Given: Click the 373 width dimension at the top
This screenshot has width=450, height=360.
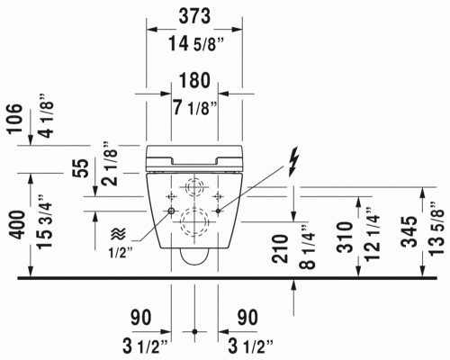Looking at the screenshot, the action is (x=194, y=16).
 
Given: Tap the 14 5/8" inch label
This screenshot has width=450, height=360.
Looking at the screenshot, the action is (x=196, y=44).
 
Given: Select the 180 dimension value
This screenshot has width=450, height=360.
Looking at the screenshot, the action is (x=194, y=80).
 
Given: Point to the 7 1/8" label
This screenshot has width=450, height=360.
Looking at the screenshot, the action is (x=195, y=107).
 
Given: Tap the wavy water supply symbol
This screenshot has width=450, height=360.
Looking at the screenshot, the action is (x=119, y=233).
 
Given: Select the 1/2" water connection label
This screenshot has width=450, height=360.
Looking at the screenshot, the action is (x=120, y=254).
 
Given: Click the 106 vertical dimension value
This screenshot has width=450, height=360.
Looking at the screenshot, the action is (x=15, y=119).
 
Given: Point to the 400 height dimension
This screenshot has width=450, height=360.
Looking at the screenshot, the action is (x=16, y=225).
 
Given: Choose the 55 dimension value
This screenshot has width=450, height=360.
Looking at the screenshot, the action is (x=82, y=168).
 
